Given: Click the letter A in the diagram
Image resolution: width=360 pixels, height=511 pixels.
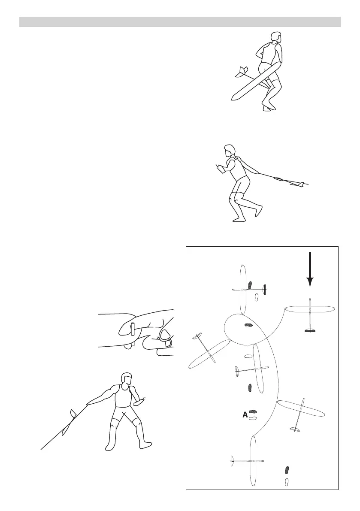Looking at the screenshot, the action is [245, 415].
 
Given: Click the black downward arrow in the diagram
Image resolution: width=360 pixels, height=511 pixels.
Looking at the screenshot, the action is [310, 270].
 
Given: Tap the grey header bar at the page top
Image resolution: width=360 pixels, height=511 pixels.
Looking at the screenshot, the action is [180, 22].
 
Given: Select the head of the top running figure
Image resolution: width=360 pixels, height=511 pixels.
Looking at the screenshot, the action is [276, 37].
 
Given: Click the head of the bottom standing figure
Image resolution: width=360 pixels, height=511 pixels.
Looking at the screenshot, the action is [127, 379].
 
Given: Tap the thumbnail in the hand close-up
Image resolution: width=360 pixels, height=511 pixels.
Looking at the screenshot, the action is [166, 335].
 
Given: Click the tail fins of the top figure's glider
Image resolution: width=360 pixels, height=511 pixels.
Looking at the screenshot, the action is [242, 72].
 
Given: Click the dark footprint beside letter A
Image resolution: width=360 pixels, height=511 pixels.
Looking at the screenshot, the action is [253, 412].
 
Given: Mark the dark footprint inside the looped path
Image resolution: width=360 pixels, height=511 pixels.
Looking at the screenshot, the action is [248, 325].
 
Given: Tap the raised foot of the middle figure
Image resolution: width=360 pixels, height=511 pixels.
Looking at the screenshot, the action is [257, 208].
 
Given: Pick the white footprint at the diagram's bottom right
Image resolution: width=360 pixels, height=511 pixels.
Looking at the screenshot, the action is [287, 481].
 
